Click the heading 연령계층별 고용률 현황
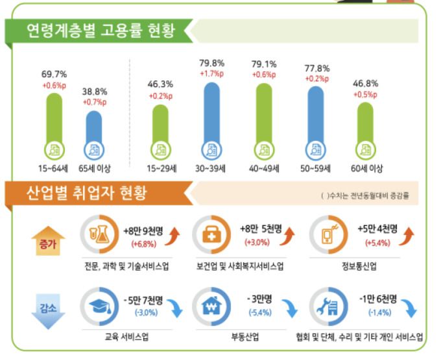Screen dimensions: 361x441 point(100,31)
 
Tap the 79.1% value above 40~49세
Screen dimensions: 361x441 point(263,64)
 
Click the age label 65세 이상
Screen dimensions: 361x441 point(95,169)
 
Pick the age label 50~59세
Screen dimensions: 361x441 point(316,169)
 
